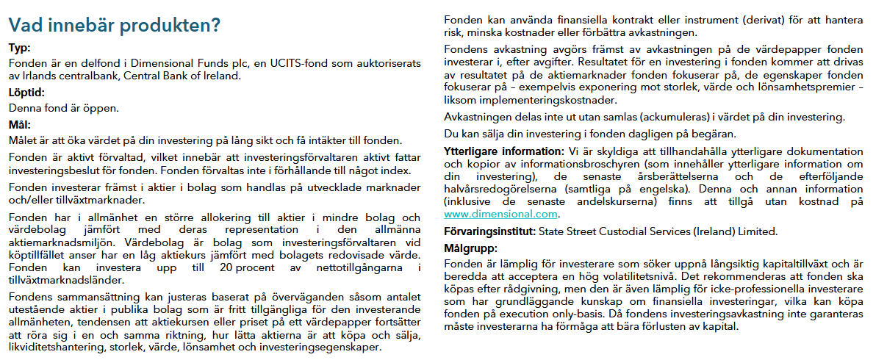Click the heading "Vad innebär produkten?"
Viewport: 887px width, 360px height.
point(114,26)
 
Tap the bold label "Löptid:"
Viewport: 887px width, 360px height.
point(27,93)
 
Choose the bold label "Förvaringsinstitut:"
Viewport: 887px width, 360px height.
point(489,231)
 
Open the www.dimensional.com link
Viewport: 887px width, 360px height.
point(501,215)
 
